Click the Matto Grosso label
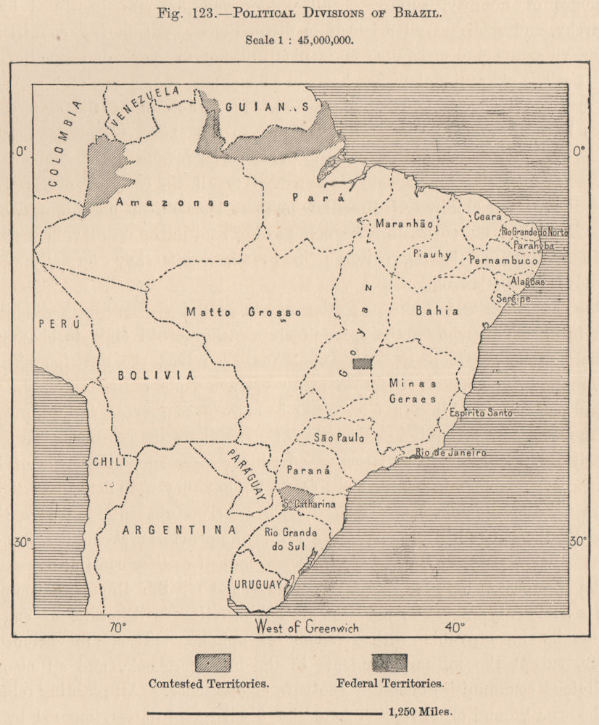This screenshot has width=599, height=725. (243, 312)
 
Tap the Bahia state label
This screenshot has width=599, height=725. (437, 311)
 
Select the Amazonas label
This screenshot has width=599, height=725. (173, 203)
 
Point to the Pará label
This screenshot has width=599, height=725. (307, 196)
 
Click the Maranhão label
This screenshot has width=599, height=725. (404, 224)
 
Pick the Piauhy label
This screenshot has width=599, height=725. (432, 254)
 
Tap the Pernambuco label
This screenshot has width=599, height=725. (503, 260)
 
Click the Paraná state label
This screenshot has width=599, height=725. (308, 470)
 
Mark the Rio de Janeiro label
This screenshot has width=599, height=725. (450, 453)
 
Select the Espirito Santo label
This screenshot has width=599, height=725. (481, 413)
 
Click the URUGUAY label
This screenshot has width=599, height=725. (257, 584)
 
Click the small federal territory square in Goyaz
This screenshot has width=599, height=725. (362, 363)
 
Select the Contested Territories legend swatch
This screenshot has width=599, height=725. (212, 663)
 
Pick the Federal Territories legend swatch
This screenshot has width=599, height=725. (389, 663)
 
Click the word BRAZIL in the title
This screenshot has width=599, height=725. (416, 12)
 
